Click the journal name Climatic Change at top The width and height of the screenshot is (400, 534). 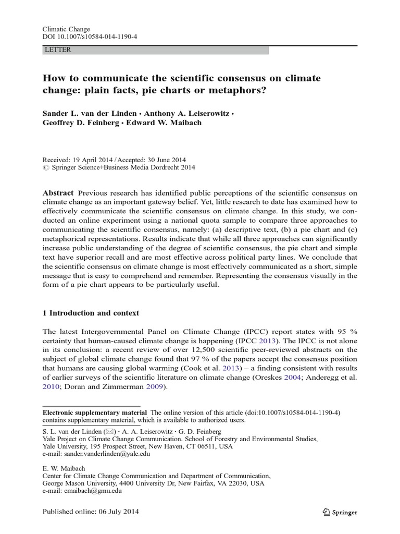point(66,30)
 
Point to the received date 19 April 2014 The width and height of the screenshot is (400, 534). point(93,160)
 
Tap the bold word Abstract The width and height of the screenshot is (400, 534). point(58,192)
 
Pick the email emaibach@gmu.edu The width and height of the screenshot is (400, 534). point(90,491)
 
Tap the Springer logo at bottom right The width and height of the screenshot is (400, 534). point(340,512)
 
